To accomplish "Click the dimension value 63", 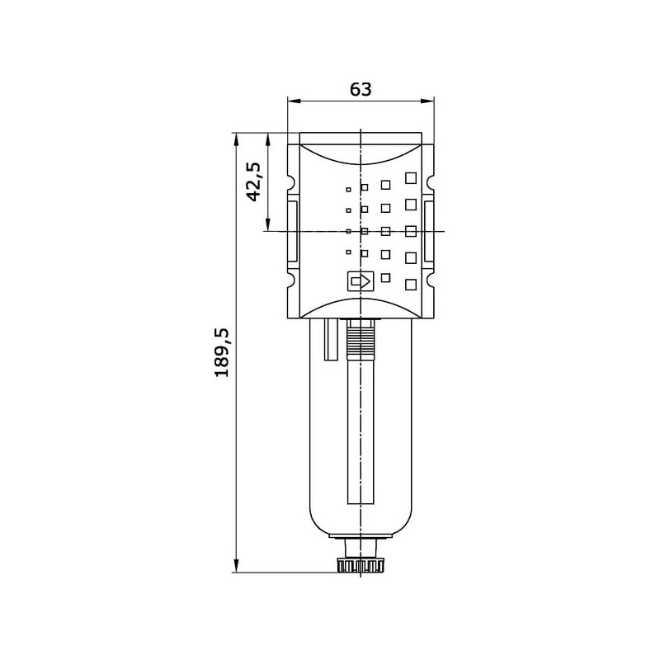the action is (x=361, y=89).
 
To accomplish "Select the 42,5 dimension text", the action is (x=254, y=181).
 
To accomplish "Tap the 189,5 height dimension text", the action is (x=222, y=352).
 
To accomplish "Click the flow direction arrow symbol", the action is (x=361, y=281).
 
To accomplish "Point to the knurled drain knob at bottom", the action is (x=361, y=565).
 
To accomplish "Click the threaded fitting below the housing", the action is (x=361, y=337).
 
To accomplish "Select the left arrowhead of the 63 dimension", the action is (x=294, y=101).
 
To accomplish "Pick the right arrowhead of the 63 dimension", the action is (x=427, y=101).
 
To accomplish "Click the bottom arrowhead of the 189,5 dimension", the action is (x=237, y=566).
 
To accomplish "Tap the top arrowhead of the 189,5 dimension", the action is (x=237, y=139).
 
